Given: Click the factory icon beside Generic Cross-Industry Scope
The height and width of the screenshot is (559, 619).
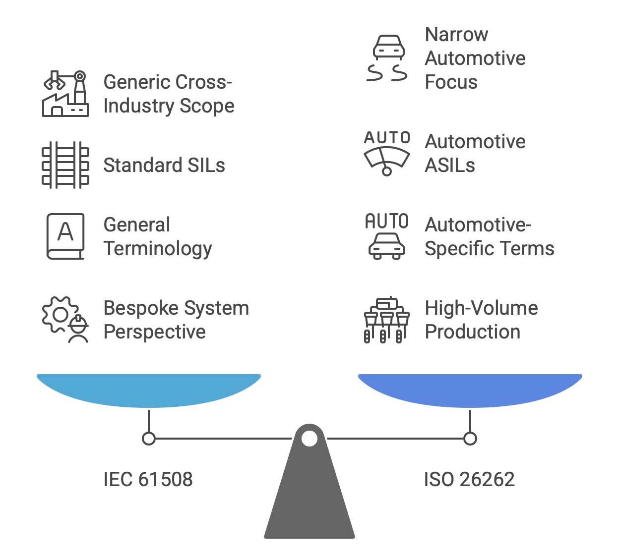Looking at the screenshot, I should coord(65,94).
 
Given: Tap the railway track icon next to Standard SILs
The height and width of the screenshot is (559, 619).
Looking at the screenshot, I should coord(65,165).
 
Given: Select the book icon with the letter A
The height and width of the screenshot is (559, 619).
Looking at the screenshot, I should coord(65,236).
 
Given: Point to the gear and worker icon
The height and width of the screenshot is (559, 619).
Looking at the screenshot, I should coord(65,320).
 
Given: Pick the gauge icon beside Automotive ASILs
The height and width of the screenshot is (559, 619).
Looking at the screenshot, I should coord(387,153).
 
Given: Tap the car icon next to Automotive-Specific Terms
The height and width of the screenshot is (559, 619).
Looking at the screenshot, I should coord(387,236).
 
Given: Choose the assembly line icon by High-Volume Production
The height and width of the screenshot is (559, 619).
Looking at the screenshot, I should coord(387,320).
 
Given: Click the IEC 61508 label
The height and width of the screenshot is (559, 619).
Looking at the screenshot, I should coord(148,479).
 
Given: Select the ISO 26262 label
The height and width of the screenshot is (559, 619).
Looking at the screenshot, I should coord(469,479).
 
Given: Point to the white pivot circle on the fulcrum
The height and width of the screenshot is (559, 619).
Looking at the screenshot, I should coord(309,439).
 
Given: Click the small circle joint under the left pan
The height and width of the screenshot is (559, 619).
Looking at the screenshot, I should coord(149,439).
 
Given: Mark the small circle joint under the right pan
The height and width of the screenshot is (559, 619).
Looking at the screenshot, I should coord(470,439).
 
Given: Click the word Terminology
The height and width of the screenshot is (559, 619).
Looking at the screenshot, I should coord(158,249).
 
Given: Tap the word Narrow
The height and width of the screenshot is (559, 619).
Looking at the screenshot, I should coord(456,35).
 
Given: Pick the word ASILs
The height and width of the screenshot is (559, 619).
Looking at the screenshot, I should coord(450,166).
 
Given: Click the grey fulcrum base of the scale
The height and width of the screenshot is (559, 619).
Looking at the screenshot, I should coord(309,501).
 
